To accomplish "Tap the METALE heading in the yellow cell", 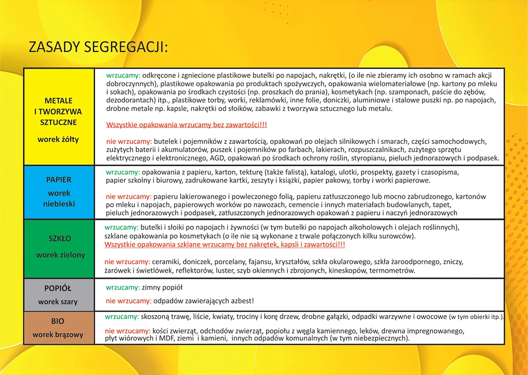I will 59,101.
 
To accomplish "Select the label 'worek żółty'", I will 59,140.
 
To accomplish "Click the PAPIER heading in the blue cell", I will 59,180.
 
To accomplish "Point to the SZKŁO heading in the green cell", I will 60,239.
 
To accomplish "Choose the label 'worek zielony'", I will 60,255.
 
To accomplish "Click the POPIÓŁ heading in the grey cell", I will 58,288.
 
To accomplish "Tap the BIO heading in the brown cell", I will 58,321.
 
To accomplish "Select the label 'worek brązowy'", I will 58,335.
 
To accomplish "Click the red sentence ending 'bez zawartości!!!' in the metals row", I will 187,125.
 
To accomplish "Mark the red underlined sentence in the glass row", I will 224,244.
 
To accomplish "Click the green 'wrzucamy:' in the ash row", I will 122,288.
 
